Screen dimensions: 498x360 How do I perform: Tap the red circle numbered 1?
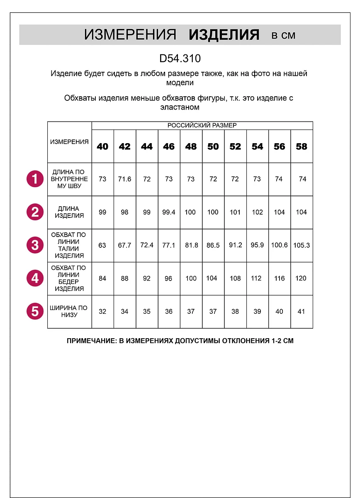[35, 179]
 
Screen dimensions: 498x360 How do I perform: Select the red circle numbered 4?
[35, 278]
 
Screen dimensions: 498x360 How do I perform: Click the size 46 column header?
[169, 146]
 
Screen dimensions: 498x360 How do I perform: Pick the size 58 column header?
[302, 146]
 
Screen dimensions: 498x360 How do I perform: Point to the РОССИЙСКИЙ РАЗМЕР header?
[202, 125]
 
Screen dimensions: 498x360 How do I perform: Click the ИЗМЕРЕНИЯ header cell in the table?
[69, 142]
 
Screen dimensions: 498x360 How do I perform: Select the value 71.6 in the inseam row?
[124, 179]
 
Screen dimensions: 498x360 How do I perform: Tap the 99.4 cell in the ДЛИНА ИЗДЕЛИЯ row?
[169, 212]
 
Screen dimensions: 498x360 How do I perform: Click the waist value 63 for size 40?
[102, 245]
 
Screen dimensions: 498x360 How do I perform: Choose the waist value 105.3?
[302, 245]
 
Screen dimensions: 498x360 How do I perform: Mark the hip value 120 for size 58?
[302, 278]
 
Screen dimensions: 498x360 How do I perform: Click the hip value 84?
[102, 278]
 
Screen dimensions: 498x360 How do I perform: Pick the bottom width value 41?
[302, 311]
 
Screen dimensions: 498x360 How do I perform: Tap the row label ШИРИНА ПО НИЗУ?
[69, 311]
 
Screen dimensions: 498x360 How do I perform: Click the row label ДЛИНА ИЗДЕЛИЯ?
[69, 212]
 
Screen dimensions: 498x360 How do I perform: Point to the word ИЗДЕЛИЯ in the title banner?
[224, 35]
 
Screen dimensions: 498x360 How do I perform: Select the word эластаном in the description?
[180, 107]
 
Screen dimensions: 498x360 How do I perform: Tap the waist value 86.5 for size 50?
[213, 245]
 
